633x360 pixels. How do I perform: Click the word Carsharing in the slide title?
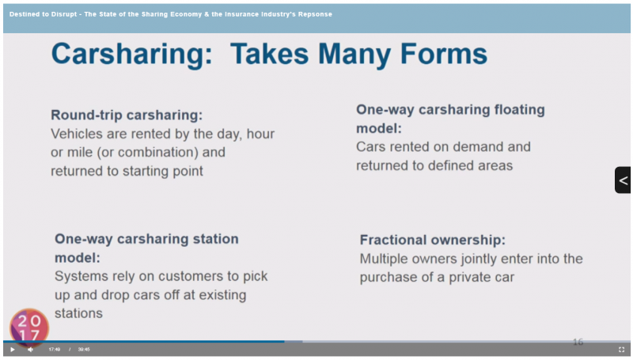131,55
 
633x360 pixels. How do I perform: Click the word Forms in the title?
444,54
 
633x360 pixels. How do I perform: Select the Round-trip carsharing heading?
127,115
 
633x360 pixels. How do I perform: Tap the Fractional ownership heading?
432,240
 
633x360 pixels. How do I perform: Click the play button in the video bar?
13,350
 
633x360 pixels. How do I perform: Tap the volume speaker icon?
30,350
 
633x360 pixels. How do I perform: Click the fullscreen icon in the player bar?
621,350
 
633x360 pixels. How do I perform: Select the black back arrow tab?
623,180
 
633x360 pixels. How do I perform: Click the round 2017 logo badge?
29,328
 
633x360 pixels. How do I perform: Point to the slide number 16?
578,342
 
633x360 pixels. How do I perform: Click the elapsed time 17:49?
55,350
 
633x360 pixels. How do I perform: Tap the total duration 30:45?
84,350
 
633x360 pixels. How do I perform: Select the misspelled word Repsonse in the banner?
315,14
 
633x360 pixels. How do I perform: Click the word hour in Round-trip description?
260,134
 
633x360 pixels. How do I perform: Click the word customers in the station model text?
181,276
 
